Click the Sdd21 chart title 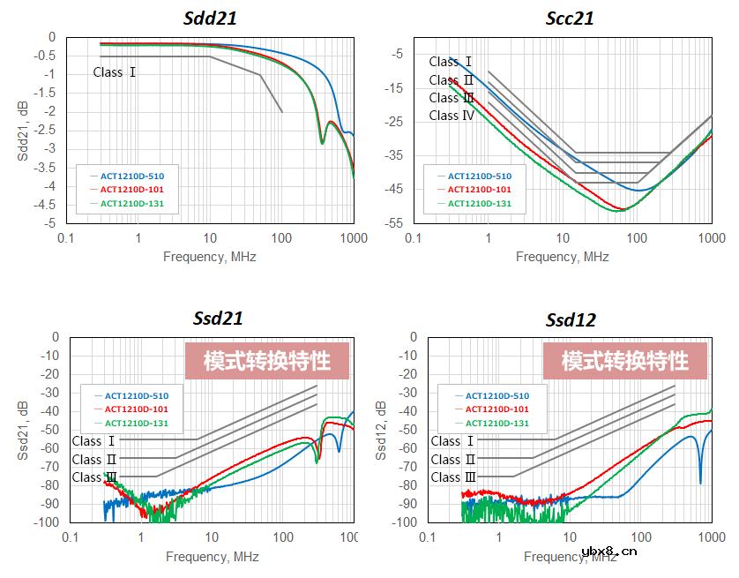210,18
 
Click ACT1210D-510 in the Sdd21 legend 132,176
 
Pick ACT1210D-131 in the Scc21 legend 479,204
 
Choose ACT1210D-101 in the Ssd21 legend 136,409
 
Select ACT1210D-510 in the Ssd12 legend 497,396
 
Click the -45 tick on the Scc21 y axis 392,189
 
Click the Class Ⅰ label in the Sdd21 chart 115,72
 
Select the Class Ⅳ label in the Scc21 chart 452,116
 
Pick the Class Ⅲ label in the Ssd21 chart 94,477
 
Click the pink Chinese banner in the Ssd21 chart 267,362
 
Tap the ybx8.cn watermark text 609,553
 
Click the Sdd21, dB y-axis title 22,130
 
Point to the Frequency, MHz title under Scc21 562,257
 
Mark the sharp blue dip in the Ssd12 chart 701,481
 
